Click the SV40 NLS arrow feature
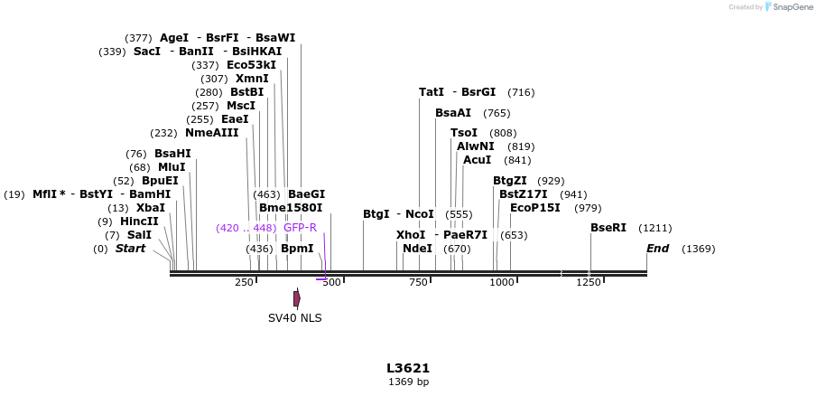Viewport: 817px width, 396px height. click(x=297, y=298)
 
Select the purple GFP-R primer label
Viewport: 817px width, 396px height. click(x=300, y=228)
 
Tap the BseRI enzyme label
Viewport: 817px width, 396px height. click(x=608, y=228)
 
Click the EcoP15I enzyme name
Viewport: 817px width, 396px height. click(x=535, y=208)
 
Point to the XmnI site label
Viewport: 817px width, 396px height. click(x=252, y=79)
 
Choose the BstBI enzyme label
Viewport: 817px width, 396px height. click(x=247, y=92)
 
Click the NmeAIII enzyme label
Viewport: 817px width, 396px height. click(x=212, y=133)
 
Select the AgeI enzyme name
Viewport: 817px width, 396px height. click(x=174, y=38)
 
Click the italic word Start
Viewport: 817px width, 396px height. click(x=130, y=249)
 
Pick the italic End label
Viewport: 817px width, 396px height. click(x=657, y=249)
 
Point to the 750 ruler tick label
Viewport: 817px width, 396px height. click(x=417, y=282)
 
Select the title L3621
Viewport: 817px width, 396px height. click(x=408, y=368)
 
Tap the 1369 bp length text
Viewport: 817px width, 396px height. click(x=408, y=382)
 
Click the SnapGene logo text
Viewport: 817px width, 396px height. click(x=793, y=7)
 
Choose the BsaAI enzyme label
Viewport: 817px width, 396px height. click(x=453, y=113)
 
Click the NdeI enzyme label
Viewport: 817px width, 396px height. click(x=417, y=249)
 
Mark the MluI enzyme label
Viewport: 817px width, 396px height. click(x=172, y=167)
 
